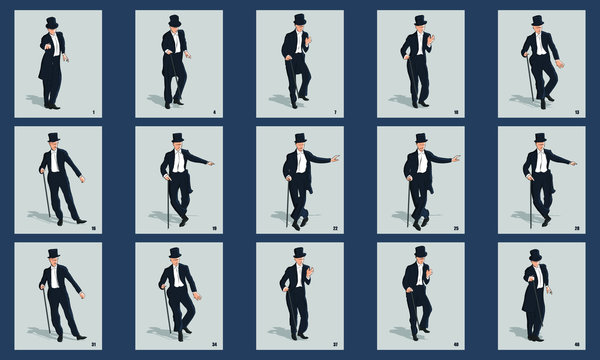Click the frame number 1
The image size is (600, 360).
tap(92, 112)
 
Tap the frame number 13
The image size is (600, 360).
tap(577, 112)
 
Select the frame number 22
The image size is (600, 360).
tap(335, 228)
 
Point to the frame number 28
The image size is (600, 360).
tap(577, 228)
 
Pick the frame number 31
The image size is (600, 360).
tap(92, 345)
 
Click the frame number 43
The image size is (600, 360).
tap(577, 345)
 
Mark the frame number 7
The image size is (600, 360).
tap(335, 112)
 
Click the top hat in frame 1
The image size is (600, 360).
tap(51, 22)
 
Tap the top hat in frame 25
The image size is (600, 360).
tap(421, 137)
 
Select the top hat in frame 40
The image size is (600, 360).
tap(420, 251)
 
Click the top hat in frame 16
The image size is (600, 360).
tap(54, 137)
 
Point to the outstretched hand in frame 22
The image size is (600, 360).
tap(335, 158)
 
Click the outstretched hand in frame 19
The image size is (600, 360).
tap(211, 162)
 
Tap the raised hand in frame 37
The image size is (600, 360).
tap(311, 269)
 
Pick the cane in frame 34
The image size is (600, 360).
tap(168, 305)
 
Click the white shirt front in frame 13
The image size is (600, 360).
tap(539, 44)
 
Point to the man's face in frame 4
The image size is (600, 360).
tap(175, 29)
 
